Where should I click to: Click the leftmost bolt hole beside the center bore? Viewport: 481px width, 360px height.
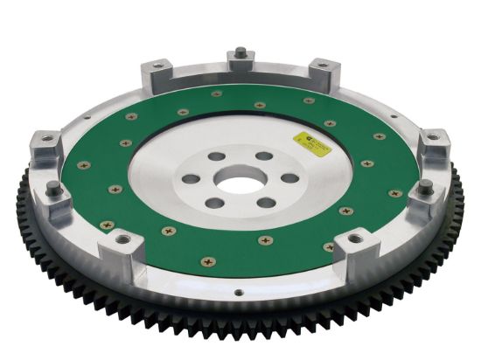click(x=190, y=179)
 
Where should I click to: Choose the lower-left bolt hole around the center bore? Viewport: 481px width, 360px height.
click(x=213, y=204)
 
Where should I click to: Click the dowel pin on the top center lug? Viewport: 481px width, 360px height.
click(x=238, y=52)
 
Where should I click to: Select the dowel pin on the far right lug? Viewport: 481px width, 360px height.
click(x=426, y=185)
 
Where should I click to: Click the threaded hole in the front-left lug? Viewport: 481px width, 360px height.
click(x=122, y=238)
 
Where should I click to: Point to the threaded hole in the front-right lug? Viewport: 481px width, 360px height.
click(x=356, y=237)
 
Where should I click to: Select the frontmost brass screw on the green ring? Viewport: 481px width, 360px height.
click(x=208, y=260)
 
